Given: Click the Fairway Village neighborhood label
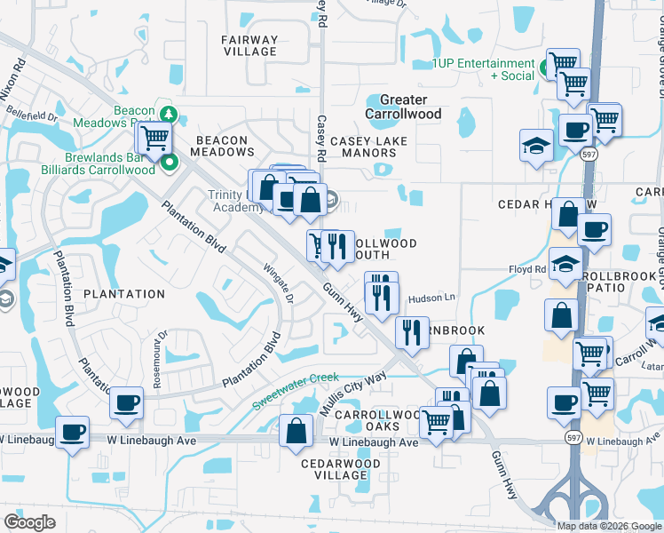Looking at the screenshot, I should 250,45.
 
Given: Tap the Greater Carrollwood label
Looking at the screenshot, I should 403,107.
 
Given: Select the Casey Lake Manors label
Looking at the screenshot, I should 368,147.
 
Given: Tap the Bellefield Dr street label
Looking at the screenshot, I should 31,115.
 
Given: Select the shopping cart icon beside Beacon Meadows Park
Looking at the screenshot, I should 154,138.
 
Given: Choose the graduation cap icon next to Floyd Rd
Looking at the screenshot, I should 564,264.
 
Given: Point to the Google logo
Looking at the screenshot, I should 30,522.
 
